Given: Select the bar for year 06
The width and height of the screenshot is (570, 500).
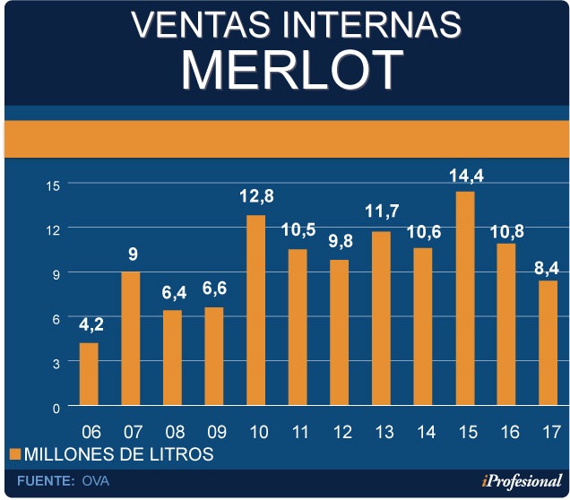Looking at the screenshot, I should tap(89, 375).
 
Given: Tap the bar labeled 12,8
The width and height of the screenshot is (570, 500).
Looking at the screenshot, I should tap(255, 311).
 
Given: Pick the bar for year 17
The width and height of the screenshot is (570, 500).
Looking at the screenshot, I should tap(548, 343).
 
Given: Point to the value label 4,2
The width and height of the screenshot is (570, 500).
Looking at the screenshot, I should tap(89, 325).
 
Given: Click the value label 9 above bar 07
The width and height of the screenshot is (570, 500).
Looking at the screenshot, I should tap(132, 254).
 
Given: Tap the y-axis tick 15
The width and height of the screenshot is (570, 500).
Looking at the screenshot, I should tap(53, 185).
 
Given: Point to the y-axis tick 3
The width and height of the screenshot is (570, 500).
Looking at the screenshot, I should tap(56, 362).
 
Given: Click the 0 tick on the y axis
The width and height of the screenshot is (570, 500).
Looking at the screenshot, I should tap(56, 407).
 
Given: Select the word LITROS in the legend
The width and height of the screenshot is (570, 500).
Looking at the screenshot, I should tap(183, 454).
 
